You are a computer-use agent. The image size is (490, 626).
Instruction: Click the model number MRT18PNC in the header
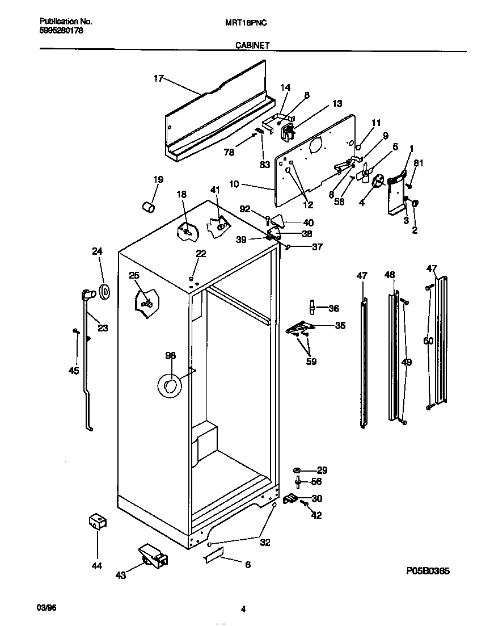click(x=246, y=22)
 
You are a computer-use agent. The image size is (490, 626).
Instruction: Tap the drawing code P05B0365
click(x=428, y=571)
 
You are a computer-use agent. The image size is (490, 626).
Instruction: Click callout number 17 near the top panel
click(x=159, y=79)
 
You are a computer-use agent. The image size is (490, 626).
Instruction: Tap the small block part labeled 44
click(x=97, y=522)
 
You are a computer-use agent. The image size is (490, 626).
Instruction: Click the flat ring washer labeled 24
click(x=105, y=292)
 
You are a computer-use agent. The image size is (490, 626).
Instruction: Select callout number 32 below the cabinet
click(x=265, y=542)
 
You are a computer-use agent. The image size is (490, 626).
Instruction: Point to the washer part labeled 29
click(x=297, y=470)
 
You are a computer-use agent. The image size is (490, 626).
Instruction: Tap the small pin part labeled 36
click(x=312, y=306)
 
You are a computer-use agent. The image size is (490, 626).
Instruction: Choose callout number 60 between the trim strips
click(x=428, y=341)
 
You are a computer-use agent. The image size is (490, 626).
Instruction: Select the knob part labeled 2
click(x=415, y=203)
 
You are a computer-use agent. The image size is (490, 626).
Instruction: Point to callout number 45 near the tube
click(x=74, y=371)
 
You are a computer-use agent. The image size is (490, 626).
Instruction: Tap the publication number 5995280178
click(x=62, y=31)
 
